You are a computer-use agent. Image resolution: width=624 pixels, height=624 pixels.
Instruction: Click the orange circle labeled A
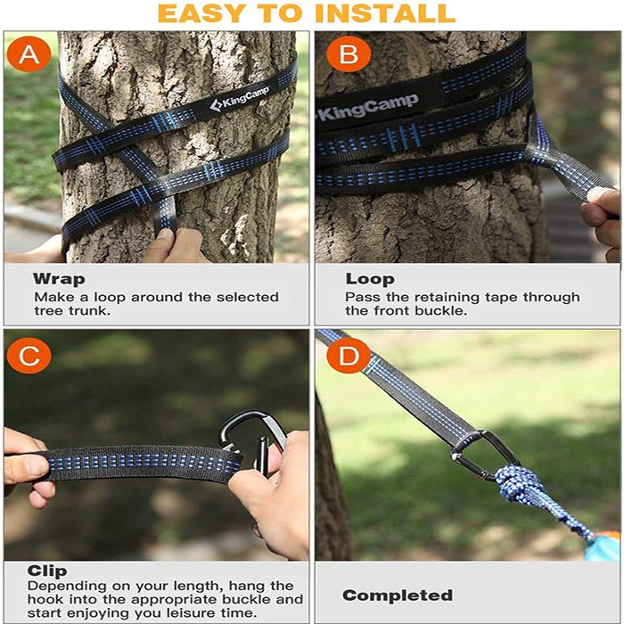coord(29,55)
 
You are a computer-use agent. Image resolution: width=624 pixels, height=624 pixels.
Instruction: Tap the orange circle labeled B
coord(342,55)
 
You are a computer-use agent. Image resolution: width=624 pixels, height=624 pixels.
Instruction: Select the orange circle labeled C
coord(29,357)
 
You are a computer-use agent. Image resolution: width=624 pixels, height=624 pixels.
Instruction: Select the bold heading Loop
coord(369,279)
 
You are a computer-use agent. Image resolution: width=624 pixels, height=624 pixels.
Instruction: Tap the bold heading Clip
coord(46,571)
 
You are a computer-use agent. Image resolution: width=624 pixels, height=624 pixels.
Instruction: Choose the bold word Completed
coord(398,595)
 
